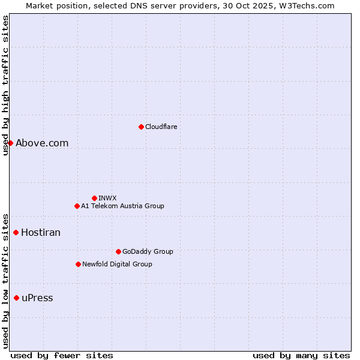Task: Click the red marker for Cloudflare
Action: click(141, 127)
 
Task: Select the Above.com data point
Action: click(10, 143)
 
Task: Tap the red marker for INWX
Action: click(94, 198)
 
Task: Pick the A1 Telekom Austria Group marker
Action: click(77, 206)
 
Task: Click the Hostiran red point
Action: click(16, 232)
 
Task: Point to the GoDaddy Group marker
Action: click(118, 251)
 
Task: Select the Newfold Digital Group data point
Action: click(78, 264)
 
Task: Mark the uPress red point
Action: click(16, 298)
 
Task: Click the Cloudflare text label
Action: click(161, 127)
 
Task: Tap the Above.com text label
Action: click(42, 143)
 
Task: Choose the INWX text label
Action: click(107, 198)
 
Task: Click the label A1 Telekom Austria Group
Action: click(122, 206)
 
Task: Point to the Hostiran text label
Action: click(41, 232)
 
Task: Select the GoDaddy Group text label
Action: click(148, 251)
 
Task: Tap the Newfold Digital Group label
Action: click(117, 264)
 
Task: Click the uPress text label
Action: click(37, 298)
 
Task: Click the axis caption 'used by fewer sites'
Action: click(62, 355)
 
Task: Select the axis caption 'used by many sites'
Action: click(301, 355)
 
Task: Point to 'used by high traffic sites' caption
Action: click(5, 85)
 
